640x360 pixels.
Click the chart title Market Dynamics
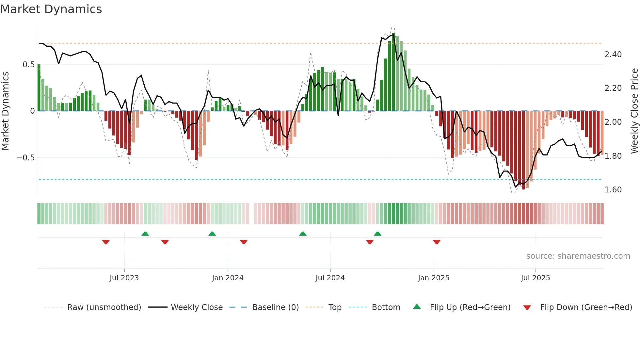[x=51, y=9]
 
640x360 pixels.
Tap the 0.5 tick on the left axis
[x=28, y=65]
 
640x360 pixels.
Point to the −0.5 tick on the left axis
[x=25, y=158]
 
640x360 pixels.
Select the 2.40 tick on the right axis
[x=613, y=55]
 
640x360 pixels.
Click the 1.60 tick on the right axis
[x=613, y=190]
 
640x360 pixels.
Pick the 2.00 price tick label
[x=613, y=122]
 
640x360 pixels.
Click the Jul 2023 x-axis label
[x=124, y=278]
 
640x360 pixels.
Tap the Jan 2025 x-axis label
[x=433, y=278]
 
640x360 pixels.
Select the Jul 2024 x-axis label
[x=330, y=278]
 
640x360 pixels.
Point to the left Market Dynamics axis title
[x=5, y=111]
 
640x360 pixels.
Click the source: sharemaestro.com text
[x=578, y=256]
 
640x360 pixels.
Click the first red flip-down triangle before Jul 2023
[x=106, y=242]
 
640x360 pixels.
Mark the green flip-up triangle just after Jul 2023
[x=145, y=234]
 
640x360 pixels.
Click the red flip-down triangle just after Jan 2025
[x=437, y=242]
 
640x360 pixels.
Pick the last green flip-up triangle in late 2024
[x=377, y=234]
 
